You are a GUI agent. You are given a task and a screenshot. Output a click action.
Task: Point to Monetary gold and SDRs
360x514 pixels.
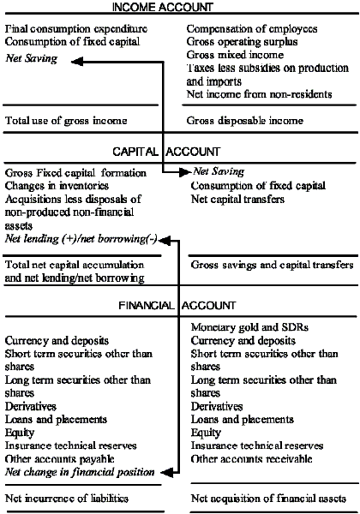click(x=248, y=327)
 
